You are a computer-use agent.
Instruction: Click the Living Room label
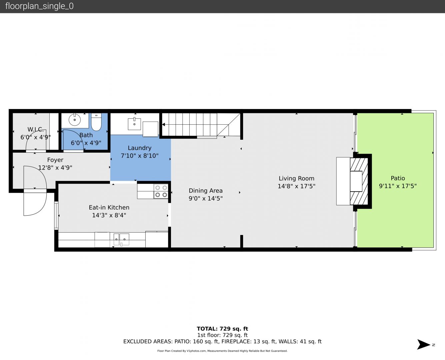click(x=296, y=178)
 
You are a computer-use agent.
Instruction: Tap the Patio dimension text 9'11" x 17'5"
click(x=398, y=186)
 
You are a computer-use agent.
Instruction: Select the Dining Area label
click(x=206, y=191)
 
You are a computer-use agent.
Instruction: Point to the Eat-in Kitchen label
click(x=109, y=207)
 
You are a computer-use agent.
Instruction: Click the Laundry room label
click(x=140, y=148)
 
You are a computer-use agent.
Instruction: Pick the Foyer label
click(x=55, y=160)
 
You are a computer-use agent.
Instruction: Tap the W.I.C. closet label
click(x=36, y=129)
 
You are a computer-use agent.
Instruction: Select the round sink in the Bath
click(x=75, y=120)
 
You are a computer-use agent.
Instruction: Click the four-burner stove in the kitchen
click(x=161, y=191)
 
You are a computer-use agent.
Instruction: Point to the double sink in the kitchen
click(x=121, y=239)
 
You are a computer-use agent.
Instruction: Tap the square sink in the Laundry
click(x=134, y=124)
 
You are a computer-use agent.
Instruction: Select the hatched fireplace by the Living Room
click(x=359, y=181)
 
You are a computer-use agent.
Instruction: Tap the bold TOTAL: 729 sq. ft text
click(x=223, y=329)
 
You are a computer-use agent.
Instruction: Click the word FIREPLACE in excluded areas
click(x=236, y=341)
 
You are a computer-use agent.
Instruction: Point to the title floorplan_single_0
click(x=39, y=6)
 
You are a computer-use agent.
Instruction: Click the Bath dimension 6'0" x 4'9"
click(x=86, y=143)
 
